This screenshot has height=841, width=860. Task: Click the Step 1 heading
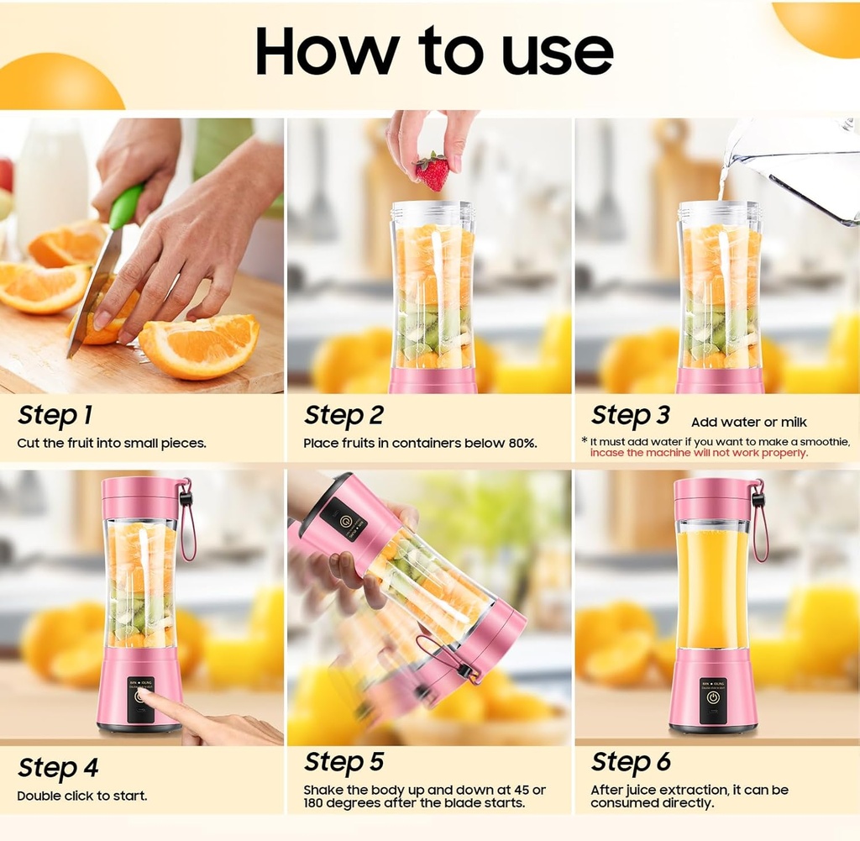[55, 415]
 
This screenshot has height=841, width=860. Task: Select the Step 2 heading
[343, 415]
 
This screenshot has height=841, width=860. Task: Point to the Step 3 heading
[631, 415]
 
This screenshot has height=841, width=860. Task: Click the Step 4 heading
[58, 768]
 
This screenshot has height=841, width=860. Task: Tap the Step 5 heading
[343, 761]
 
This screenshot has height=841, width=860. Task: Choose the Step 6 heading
[631, 761]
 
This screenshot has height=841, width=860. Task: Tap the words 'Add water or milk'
[748, 422]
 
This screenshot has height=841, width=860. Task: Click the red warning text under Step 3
[699, 453]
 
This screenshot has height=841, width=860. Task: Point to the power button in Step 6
[713, 696]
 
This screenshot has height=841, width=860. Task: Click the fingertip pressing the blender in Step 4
[144, 695]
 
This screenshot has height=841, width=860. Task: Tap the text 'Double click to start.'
[81, 795]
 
